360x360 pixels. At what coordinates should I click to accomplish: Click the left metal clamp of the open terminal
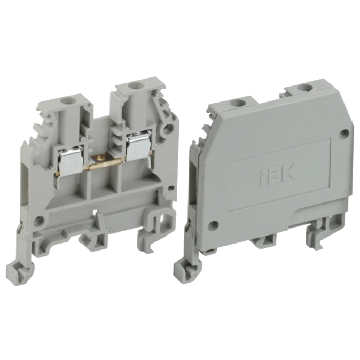68,161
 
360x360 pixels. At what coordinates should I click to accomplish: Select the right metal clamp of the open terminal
138,145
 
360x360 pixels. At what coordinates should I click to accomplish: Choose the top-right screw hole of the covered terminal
303,88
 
